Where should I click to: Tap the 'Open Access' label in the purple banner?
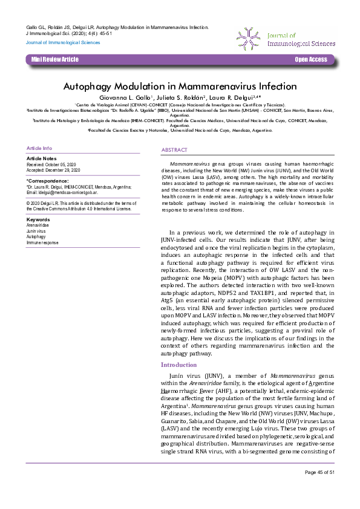(310, 59)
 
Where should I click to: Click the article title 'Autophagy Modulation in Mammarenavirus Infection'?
(180, 86)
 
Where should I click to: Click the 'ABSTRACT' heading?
(174, 149)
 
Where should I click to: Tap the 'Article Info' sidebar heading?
(39, 148)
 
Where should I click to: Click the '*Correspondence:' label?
(48, 181)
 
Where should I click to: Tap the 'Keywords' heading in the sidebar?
(38, 219)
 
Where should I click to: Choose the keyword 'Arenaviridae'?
(38, 224)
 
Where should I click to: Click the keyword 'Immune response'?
(42, 242)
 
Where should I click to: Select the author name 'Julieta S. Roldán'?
(182, 97)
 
